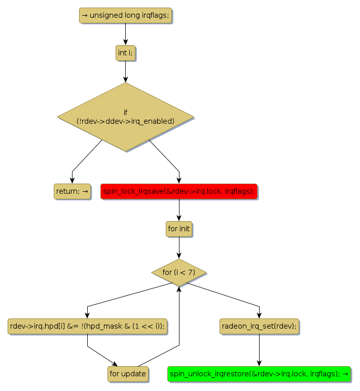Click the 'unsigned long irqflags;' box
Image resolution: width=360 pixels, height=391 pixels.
tap(125, 15)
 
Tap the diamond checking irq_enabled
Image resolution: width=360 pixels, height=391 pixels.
tap(125, 117)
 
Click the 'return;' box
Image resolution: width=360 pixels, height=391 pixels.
tap(72, 191)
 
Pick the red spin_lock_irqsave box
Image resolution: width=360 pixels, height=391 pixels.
tap(179, 191)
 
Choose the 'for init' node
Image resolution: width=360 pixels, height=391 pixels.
tap(179, 229)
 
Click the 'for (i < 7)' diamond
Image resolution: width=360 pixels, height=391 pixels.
tap(179, 272)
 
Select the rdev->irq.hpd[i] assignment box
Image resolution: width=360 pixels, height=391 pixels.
tap(87, 326)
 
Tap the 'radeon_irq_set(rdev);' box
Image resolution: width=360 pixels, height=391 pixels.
tap(259, 326)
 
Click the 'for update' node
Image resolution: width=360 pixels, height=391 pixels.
tap(128, 374)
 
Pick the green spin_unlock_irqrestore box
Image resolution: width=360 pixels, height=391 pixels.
tap(259, 374)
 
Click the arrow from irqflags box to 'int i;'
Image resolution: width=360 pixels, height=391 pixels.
tap(125, 34)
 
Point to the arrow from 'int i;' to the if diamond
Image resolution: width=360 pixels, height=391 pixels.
tap(125, 72)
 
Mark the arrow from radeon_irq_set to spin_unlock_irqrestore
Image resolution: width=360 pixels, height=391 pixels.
tap(259, 350)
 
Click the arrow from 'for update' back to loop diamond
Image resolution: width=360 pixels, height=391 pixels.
tap(179, 325)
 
